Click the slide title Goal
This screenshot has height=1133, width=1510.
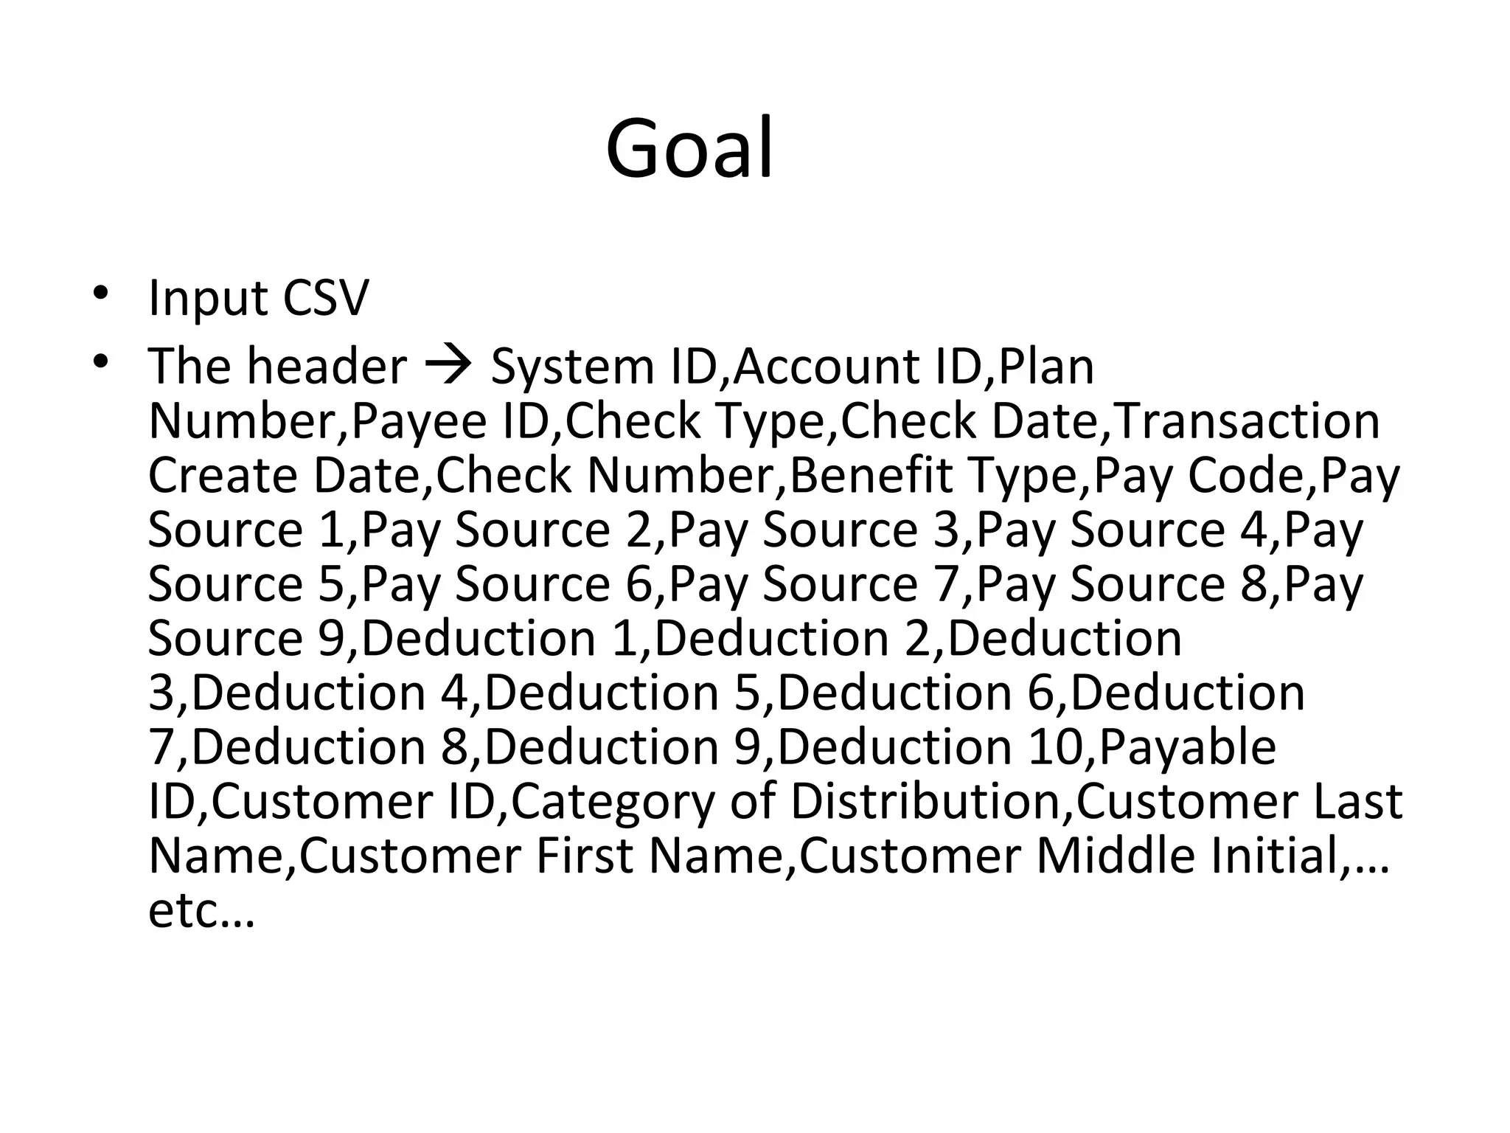[689, 148]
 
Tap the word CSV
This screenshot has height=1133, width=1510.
[324, 299]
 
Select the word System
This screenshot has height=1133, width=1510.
[572, 367]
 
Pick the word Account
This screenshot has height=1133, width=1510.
[825, 367]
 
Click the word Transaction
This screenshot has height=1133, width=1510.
[1245, 421]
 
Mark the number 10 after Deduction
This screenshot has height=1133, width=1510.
[1054, 747]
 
